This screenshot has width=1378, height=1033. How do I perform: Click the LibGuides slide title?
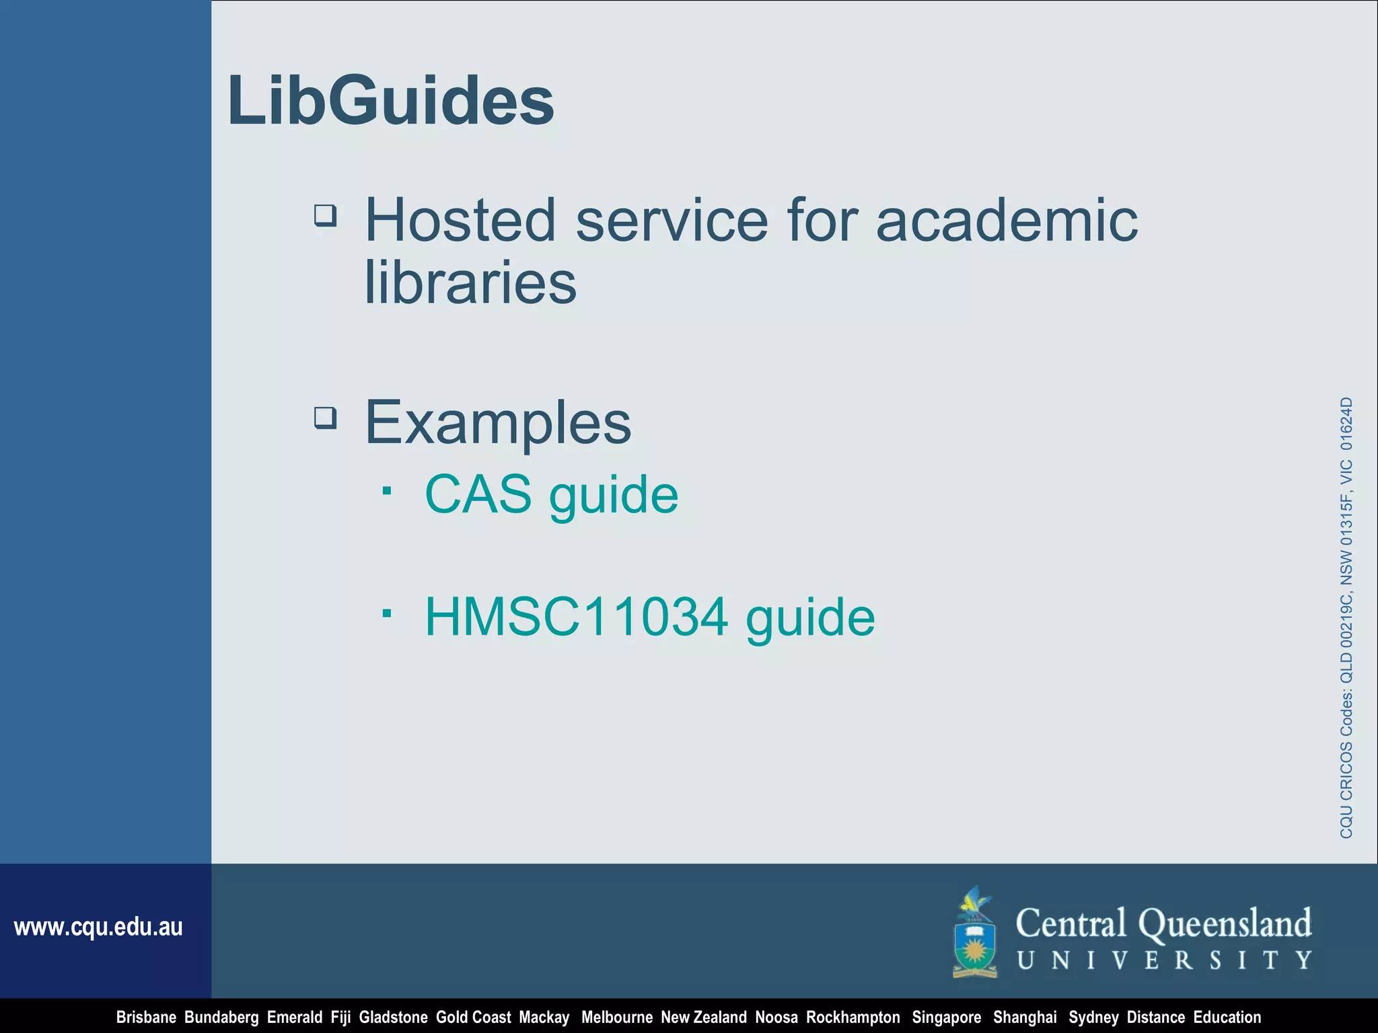(x=391, y=101)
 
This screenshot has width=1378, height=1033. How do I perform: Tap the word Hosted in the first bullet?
(x=460, y=220)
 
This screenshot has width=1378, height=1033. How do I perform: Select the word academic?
(x=1007, y=220)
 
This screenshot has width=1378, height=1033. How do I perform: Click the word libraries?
(x=470, y=282)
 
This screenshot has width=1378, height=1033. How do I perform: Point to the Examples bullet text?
(x=498, y=422)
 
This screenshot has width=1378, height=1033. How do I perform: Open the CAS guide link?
(x=551, y=494)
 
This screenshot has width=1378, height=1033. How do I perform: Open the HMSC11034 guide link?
(x=649, y=617)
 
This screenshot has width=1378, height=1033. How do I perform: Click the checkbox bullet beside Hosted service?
(x=326, y=216)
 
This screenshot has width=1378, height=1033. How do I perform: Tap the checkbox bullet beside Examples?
(x=326, y=418)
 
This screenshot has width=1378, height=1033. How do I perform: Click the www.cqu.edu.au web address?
(x=98, y=927)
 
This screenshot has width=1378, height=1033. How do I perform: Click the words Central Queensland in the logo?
(x=1163, y=923)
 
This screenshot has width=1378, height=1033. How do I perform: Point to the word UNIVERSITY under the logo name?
(x=1165, y=960)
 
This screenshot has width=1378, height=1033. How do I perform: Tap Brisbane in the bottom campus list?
(x=146, y=1018)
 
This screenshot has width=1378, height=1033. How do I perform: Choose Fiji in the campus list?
(x=340, y=1018)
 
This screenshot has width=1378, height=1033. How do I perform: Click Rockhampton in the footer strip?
(x=853, y=1018)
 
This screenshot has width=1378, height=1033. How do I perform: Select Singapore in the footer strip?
(x=946, y=1018)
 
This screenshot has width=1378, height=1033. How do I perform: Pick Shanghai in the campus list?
(x=1025, y=1018)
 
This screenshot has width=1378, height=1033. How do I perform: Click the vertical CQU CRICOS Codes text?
(x=1346, y=617)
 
